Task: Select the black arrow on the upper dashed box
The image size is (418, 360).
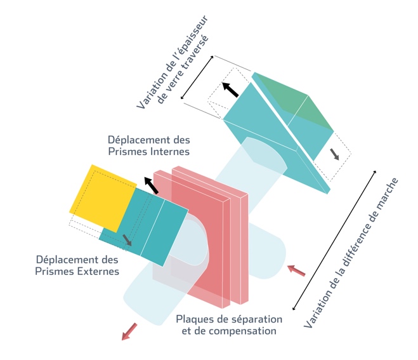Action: [230, 90]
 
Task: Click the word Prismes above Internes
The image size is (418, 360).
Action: [122, 152]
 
